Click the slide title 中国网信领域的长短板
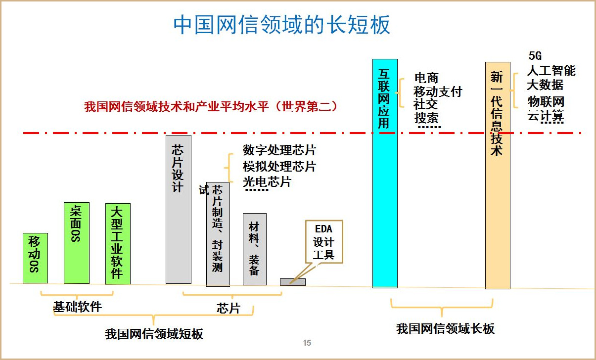coord(282,25)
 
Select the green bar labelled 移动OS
coord(35,258)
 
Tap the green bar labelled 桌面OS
coord(77,243)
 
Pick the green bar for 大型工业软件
coord(118,244)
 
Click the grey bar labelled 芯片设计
coord(178,209)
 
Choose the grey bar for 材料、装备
coord(254,249)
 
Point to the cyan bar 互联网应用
coord(384,173)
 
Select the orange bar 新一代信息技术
coord(497,175)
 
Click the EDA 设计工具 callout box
coord(324,242)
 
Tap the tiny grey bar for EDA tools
coord(292,282)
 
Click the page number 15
coord(307,343)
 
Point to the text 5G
coord(535,56)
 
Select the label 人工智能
coord(551,70)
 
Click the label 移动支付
coord(438,91)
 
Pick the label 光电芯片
coord(267,181)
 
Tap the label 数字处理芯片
coord(279,150)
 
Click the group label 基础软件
coord(77,307)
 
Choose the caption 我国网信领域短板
coord(154,334)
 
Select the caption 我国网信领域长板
coord(445,329)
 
